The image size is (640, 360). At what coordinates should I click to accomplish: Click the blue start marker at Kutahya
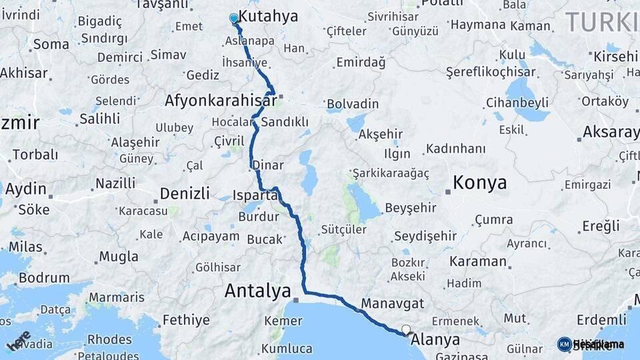(x=234, y=18)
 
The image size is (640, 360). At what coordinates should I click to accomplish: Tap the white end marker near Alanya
(x=405, y=329)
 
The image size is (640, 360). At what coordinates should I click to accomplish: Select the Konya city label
(x=479, y=183)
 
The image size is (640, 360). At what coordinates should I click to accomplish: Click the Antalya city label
(x=257, y=291)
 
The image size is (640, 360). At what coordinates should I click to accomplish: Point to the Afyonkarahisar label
(x=221, y=101)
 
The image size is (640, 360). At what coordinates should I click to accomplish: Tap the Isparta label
(x=255, y=195)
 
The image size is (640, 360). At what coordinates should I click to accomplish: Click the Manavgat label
(x=392, y=303)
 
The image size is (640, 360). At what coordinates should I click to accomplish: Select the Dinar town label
(x=267, y=165)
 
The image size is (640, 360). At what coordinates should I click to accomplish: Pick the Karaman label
(x=478, y=261)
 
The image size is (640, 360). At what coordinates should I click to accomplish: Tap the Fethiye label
(x=186, y=320)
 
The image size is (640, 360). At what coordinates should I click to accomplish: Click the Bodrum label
(x=43, y=277)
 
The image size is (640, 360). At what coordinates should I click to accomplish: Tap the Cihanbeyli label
(x=517, y=103)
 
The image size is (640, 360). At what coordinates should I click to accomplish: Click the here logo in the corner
(x=18, y=340)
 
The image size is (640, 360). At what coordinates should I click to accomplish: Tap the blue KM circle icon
(x=564, y=344)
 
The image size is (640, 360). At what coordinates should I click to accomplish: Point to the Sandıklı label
(x=285, y=122)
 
